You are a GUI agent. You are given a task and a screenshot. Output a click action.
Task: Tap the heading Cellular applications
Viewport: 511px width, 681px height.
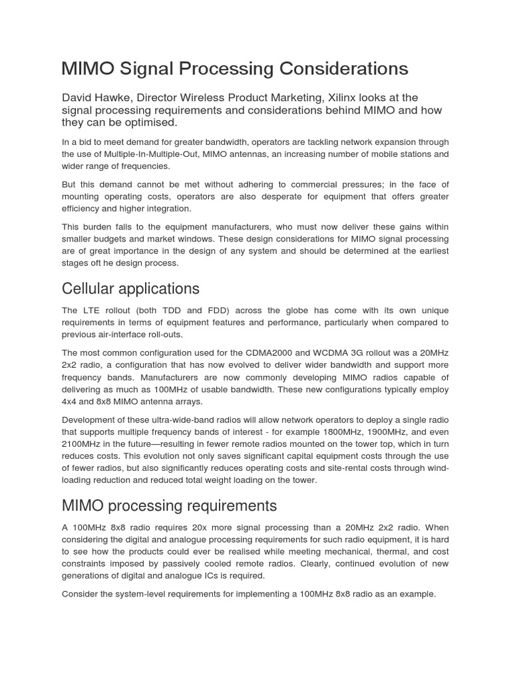pyautogui.click(x=130, y=289)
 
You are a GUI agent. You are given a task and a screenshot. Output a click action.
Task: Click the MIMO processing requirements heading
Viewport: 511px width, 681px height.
pyautogui.click(x=169, y=505)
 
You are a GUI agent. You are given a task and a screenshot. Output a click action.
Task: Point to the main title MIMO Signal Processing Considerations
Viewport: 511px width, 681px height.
pyautogui.click(x=235, y=68)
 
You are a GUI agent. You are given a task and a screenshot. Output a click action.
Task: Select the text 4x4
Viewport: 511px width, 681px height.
pyautogui.click(x=71, y=401)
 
